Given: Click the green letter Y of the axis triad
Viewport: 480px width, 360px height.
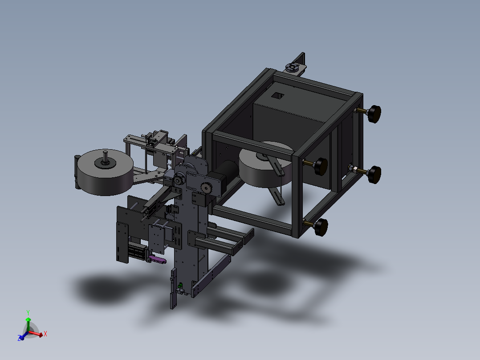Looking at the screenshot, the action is (x=28, y=312).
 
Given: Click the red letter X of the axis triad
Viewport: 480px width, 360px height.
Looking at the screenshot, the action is (x=45, y=334).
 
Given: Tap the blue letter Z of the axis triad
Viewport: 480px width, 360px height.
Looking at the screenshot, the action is (x=19, y=338).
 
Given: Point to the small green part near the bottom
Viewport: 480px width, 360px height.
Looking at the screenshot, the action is (x=181, y=286).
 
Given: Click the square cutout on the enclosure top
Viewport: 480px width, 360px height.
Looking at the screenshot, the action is (x=278, y=96).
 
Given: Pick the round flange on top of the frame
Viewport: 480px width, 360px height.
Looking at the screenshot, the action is (x=292, y=67).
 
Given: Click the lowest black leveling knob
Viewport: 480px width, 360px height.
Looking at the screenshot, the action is (x=321, y=227).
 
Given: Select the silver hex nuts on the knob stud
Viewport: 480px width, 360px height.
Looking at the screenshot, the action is (x=352, y=168).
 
